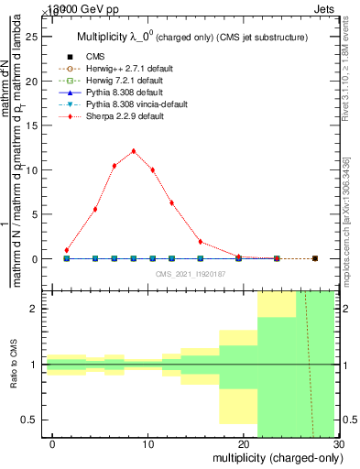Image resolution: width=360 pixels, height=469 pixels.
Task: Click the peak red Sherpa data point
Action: pos(134,151)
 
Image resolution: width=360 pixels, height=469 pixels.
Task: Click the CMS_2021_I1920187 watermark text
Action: pos(191,274)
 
